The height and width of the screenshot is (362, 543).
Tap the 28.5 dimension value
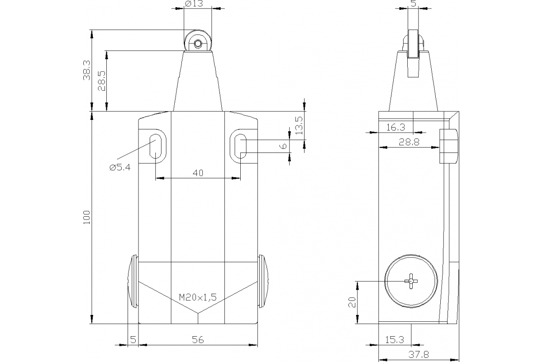(102, 81)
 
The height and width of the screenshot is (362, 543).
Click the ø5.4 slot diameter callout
(120, 167)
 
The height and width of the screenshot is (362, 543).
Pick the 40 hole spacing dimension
(198, 172)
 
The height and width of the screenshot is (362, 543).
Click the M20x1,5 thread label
(198, 297)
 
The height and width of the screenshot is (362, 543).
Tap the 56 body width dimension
(197, 339)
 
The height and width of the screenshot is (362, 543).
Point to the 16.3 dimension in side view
(396, 128)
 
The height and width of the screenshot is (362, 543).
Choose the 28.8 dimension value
(409, 142)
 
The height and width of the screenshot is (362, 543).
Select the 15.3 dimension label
(395, 339)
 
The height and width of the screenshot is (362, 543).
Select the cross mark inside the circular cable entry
(411, 281)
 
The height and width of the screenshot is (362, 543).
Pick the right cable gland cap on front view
(263, 281)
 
